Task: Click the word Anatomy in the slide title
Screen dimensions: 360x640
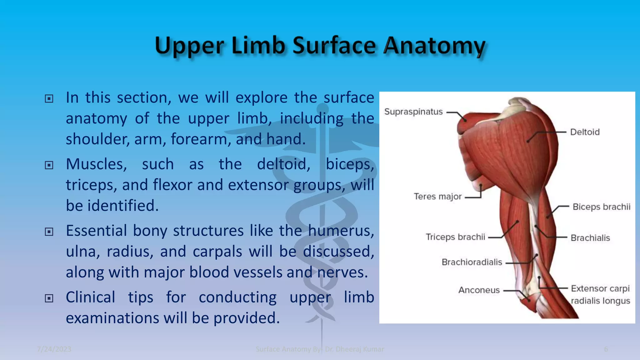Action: (x=434, y=46)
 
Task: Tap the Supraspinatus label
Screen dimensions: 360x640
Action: (x=413, y=112)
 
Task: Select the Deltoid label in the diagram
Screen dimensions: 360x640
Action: (x=585, y=132)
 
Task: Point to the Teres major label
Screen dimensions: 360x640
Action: (x=437, y=197)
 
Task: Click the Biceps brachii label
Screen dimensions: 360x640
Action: (x=601, y=207)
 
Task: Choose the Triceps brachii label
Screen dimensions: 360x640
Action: (x=455, y=237)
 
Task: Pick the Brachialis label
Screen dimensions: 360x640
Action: (x=590, y=238)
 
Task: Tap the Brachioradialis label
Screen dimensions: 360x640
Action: (x=472, y=262)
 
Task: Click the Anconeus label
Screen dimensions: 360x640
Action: (x=479, y=290)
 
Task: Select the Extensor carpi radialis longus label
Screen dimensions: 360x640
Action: (x=600, y=294)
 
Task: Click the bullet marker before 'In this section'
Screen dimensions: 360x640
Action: (x=49, y=99)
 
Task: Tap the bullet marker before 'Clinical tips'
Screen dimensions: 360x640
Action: (x=49, y=298)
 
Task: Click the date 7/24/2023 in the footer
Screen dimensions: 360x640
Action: (x=54, y=349)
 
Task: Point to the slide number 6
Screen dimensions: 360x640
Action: (x=606, y=349)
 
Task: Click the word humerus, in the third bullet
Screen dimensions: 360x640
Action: (x=341, y=231)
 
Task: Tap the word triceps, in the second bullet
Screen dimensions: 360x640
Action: (x=91, y=185)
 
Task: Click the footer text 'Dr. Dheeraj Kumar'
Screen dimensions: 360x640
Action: (x=354, y=349)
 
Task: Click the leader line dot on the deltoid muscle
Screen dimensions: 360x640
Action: (x=528, y=141)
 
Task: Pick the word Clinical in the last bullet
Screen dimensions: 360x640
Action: (x=90, y=297)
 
